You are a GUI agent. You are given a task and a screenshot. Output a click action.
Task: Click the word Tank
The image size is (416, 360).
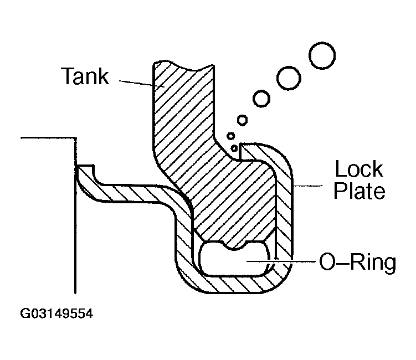click(x=85, y=76)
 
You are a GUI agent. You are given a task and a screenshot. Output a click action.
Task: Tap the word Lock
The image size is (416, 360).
click(x=359, y=169)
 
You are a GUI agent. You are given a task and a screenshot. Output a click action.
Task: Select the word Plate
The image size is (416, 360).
click(x=359, y=191)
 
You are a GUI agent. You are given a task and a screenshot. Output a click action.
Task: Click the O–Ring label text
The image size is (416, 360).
click(x=358, y=262)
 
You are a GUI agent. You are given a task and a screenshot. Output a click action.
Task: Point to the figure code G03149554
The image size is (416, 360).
click(x=57, y=313)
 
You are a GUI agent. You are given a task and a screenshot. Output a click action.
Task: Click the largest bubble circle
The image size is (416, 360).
click(x=322, y=56)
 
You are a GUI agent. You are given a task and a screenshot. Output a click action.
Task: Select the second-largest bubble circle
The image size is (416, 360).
click(x=289, y=78)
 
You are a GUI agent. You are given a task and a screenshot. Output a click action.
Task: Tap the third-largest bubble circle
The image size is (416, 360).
click(x=261, y=99)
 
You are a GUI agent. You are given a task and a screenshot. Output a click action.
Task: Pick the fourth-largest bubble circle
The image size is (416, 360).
click(x=242, y=120)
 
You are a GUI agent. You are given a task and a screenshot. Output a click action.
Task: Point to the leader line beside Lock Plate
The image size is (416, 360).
click(x=308, y=186)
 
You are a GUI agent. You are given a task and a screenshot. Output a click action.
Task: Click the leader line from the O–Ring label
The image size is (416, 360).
click(x=281, y=261)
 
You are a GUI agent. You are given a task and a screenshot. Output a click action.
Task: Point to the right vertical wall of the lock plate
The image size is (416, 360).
click(x=284, y=212)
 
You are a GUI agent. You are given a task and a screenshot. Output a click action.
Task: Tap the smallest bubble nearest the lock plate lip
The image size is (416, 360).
click(x=234, y=148)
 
